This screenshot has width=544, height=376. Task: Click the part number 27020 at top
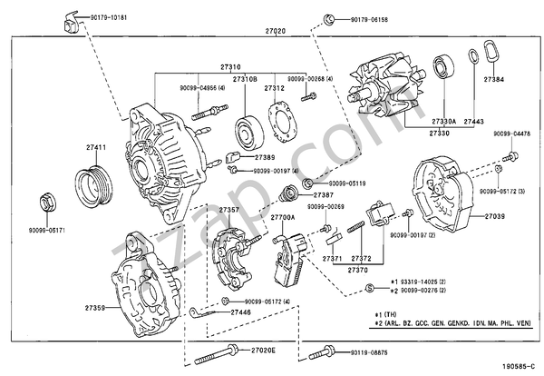pos(275,31)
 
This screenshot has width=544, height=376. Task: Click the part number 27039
pos(494,217)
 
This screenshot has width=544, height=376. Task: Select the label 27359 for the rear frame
pos(95,309)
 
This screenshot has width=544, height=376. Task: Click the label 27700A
pos(283,219)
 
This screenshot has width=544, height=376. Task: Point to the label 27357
pos(228,210)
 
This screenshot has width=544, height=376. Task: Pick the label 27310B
pos(246,79)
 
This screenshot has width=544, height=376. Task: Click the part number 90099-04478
pos(512,134)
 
